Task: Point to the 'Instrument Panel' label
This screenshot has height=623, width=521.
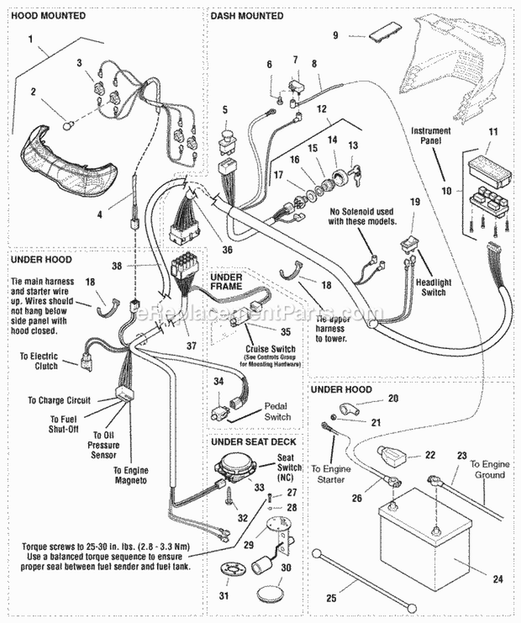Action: click(x=430, y=135)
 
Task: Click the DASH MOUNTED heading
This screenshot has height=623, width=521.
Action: click(x=247, y=15)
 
